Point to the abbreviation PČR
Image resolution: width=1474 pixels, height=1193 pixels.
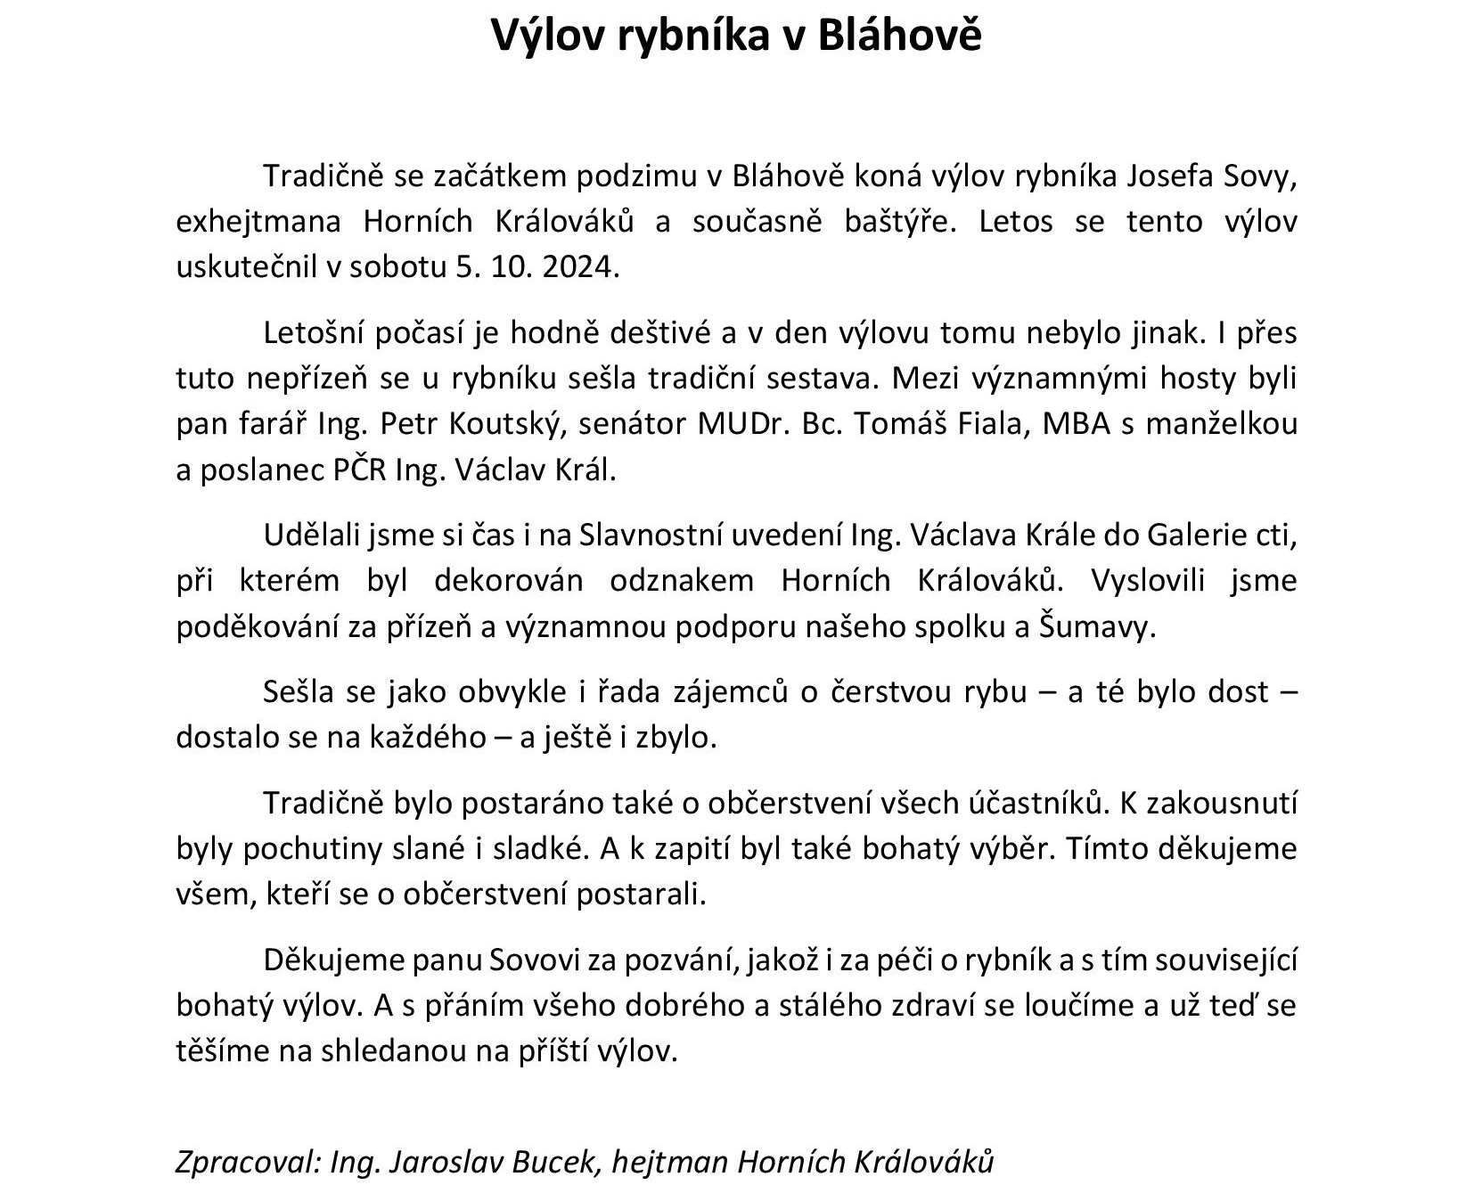(x=360, y=470)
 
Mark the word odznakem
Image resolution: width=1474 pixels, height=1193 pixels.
(x=682, y=581)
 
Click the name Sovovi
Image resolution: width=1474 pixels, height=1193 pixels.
(x=545, y=960)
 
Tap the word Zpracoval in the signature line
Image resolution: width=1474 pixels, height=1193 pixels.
(x=246, y=1162)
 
